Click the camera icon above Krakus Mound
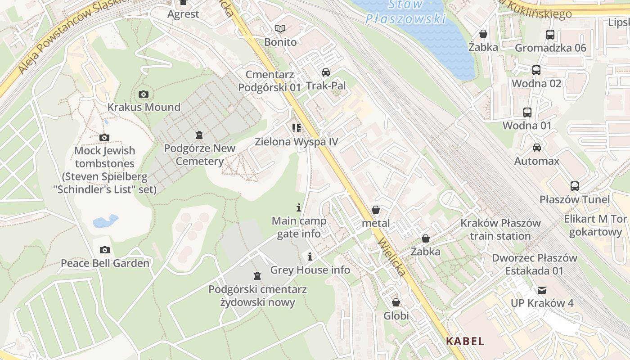[x=144, y=94]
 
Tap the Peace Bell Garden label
[x=105, y=263]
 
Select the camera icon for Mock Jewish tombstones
[x=104, y=137]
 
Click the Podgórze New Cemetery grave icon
[x=199, y=135]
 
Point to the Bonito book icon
[x=280, y=29]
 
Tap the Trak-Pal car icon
[x=326, y=72]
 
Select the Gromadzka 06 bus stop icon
[x=550, y=34]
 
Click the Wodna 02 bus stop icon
[x=536, y=70]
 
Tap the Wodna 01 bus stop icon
[x=527, y=112]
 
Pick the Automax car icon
[x=536, y=147]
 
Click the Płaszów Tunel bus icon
[x=575, y=186]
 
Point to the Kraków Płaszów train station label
[x=500, y=229]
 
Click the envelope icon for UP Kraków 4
[x=541, y=290]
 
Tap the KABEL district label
[x=465, y=341]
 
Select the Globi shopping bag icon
[x=396, y=302]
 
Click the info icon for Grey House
[x=310, y=257]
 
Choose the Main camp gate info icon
[x=299, y=207]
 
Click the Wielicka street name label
[x=392, y=256]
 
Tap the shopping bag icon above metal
[x=376, y=210]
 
